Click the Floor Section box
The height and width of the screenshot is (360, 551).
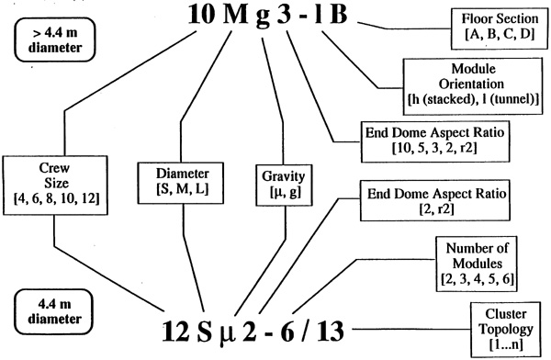click(500, 28)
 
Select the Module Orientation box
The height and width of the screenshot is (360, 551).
click(473, 86)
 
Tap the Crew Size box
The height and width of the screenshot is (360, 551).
click(55, 186)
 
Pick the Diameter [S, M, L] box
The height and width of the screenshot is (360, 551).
click(181, 183)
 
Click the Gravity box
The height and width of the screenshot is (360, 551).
click(284, 185)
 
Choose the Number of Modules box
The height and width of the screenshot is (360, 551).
click(477, 264)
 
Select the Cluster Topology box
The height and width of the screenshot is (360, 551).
click(506, 329)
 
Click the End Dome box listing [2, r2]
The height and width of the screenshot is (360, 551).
click(435, 200)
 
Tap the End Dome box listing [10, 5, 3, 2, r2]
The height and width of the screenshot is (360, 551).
click(435, 141)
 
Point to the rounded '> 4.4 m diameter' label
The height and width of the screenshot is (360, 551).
click(55, 39)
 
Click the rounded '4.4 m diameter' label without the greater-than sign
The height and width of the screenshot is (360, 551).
click(54, 312)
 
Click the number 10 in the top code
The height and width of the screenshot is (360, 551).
click(201, 15)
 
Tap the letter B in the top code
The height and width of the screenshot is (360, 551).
click(338, 15)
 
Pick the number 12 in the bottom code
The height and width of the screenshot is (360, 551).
click(175, 331)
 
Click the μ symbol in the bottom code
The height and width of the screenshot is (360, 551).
click(227, 334)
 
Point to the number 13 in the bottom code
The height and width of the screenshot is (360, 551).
click(331, 331)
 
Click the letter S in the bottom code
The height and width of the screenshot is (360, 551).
click(204, 331)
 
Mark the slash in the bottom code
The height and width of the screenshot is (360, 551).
click(304, 331)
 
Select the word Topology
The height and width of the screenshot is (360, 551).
click(506, 330)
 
